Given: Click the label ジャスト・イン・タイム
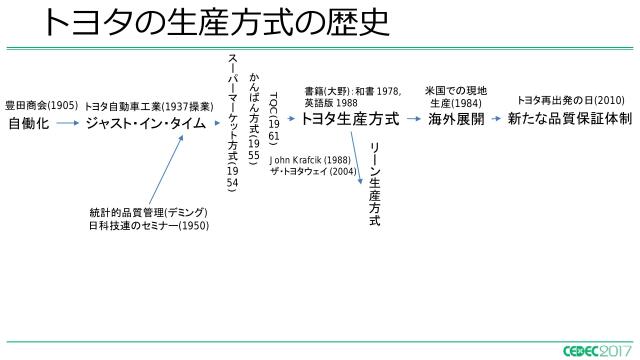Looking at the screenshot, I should pyautogui.click(x=145, y=123).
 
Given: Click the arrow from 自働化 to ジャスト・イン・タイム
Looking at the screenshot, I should pyautogui.click(x=66, y=124).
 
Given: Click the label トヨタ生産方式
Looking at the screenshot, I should pyautogui.click(x=349, y=119).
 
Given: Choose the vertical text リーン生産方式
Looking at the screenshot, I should pyautogui.click(x=375, y=184).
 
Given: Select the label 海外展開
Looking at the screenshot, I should pyautogui.click(x=456, y=119).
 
